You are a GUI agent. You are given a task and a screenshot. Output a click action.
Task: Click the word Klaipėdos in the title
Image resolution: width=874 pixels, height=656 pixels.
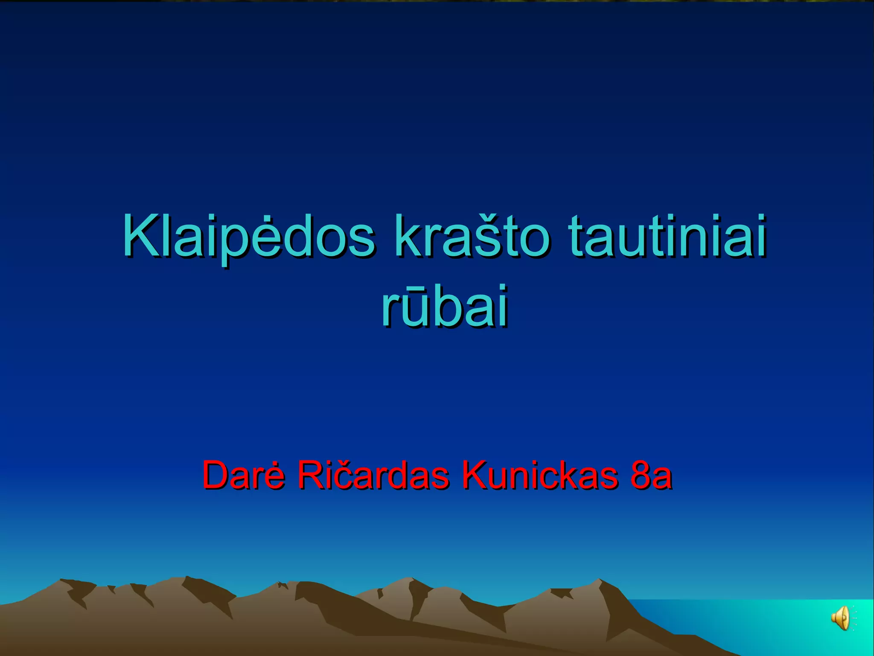(x=249, y=237)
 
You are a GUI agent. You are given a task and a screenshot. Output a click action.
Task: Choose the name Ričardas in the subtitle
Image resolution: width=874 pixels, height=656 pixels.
(x=373, y=475)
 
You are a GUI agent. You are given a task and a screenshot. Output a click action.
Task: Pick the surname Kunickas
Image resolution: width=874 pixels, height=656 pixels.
(x=539, y=475)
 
